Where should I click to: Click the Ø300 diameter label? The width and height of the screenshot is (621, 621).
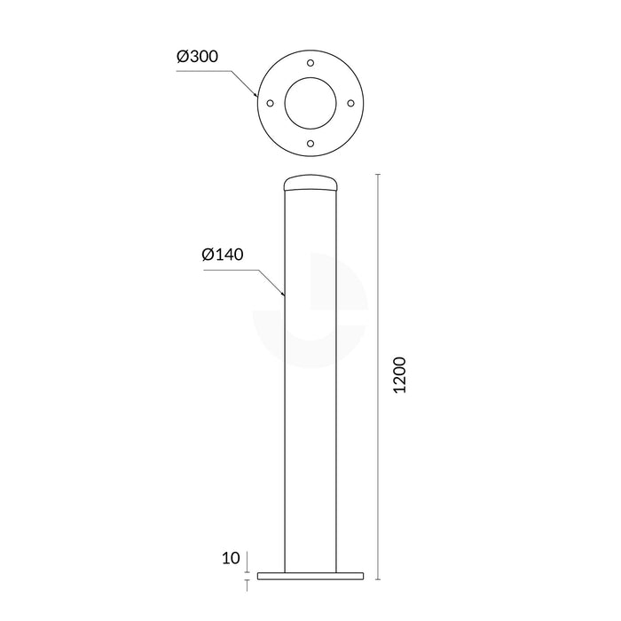point(198,56)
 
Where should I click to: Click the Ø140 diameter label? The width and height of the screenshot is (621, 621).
point(223,255)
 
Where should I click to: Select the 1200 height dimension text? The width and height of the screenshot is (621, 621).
point(399,376)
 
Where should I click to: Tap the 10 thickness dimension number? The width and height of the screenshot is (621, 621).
point(231,558)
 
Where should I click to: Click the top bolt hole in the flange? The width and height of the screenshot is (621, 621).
point(310,63)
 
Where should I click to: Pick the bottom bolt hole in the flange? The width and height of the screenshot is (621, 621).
point(310,144)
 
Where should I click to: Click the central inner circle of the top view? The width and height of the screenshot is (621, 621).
point(310,104)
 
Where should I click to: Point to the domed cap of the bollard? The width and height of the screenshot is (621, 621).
point(310,183)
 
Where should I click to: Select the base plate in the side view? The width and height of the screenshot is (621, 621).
point(310,576)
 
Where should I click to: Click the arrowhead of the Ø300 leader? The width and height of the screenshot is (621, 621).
point(256,96)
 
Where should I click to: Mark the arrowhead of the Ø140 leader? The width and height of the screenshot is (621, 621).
point(283,294)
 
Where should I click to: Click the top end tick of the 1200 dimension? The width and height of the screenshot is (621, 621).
point(380,176)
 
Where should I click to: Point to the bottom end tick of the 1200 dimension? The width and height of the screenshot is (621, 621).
point(380,579)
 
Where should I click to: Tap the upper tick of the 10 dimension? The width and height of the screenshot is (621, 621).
point(247,571)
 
